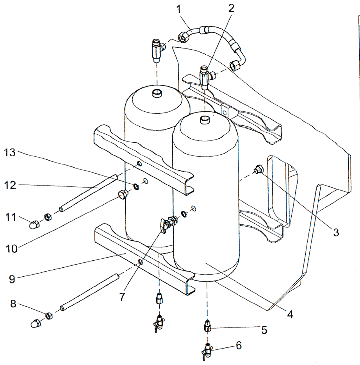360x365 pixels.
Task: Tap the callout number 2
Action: tap(231, 9)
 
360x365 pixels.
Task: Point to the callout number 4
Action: tap(290, 313)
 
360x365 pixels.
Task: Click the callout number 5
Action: tap(264, 330)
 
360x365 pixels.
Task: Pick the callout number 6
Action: tap(238, 345)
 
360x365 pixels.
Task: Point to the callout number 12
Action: tap(13, 186)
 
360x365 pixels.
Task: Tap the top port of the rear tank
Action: tap(157, 93)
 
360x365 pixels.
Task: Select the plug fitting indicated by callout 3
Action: tap(258, 170)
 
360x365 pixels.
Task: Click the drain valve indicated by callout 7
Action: tap(168, 223)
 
